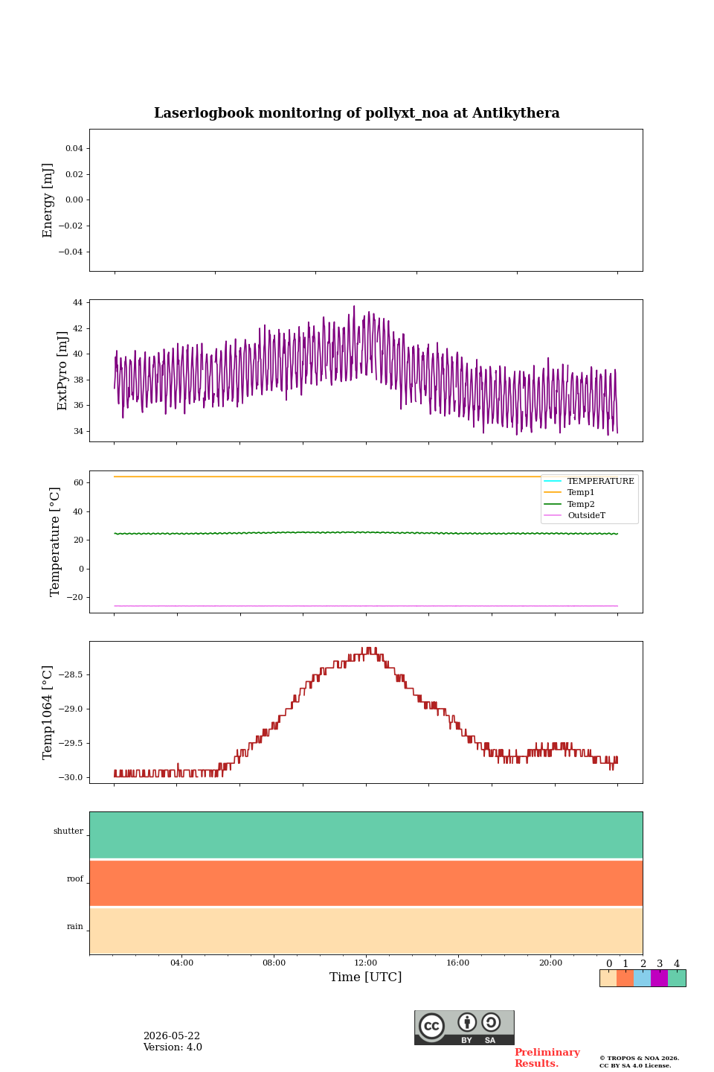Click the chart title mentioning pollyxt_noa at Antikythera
tap(356, 113)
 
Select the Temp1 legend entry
tap(569, 492)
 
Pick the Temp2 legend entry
tap(569, 504)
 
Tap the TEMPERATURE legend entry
tap(589, 481)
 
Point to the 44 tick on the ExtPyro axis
tap(77, 302)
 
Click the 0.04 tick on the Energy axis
tap(74, 148)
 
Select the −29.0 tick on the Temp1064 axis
tap(71, 709)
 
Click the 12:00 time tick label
tap(365, 963)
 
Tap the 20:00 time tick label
tap(550, 963)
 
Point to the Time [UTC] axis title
tap(365, 977)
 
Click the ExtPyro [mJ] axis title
tap(62, 371)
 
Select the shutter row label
tap(68, 832)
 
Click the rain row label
tap(74, 926)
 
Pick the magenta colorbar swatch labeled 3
tap(660, 978)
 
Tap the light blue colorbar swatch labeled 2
tap(643, 978)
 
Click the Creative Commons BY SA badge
tap(464, 1027)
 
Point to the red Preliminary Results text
tap(547, 1058)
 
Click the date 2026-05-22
tap(172, 1036)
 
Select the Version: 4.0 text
tap(173, 1047)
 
